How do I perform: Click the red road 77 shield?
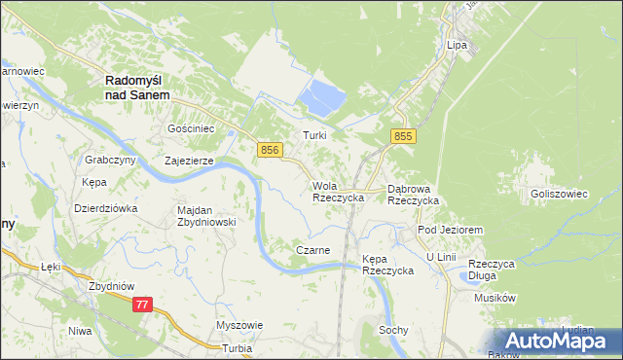[143, 305]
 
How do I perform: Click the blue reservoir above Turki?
[323, 96]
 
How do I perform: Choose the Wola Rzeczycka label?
[338, 192]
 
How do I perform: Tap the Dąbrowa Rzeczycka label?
[413, 194]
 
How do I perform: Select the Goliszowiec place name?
[559, 194]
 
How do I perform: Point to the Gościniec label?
[189, 128]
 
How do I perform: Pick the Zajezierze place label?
[189, 162]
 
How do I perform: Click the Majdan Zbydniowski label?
[206, 215]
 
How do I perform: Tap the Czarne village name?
[312, 250]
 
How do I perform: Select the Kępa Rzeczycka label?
[387, 265]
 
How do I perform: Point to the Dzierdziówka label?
[106, 208]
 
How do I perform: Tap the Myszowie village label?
[239, 325]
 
